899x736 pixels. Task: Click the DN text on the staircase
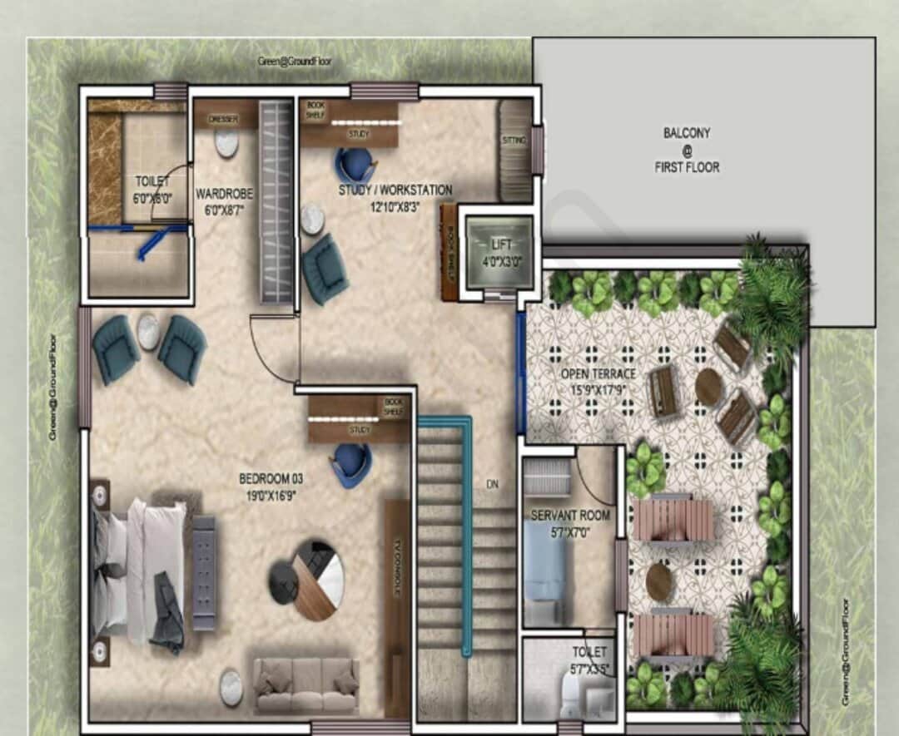pos(492,483)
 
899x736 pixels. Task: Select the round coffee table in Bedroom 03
pos(306,580)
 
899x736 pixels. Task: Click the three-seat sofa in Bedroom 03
pos(306,685)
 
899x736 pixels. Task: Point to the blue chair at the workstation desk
pos(355,165)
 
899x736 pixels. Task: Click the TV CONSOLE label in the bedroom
pos(399,566)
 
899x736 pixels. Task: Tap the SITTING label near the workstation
pos(514,141)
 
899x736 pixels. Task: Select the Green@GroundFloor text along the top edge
pos(293,62)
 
